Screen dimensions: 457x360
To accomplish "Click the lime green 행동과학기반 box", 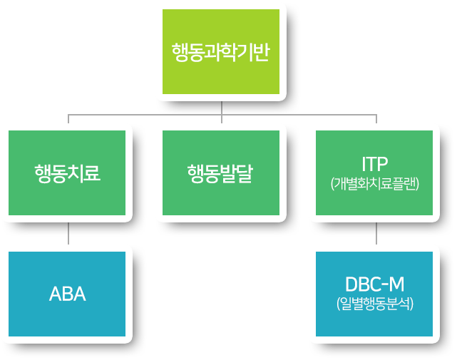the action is (x=221, y=51).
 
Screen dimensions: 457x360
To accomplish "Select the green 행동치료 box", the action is (x=67, y=173).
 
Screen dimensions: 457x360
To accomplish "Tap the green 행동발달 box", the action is (x=221, y=173).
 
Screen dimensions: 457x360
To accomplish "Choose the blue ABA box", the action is (x=67, y=294).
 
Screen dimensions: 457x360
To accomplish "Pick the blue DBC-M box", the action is (x=374, y=294).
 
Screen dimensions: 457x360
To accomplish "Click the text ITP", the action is (x=375, y=164).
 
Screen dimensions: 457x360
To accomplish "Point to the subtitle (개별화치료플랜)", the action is (x=375, y=184).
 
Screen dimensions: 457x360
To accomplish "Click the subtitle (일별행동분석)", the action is (x=375, y=304).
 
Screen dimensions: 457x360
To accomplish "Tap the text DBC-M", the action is (x=375, y=284).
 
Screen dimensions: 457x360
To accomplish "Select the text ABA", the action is (x=67, y=294).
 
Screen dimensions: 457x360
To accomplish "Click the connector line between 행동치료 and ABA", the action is (x=68, y=234).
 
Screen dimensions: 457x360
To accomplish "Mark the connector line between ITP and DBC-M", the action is (x=376, y=234).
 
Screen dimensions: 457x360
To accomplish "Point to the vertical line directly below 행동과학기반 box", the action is (x=222, y=108).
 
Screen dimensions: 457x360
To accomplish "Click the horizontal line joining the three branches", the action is (x=222, y=115).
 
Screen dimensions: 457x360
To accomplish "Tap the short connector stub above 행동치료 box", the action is (x=68, y=119).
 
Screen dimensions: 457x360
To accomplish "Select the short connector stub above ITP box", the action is (x=376, y=119).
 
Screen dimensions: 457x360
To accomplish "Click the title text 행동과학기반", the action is (x=220, y=53).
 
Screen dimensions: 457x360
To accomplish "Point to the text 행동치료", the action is (x=67, y=173).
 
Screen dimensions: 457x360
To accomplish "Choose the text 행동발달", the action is (x=220, y=173).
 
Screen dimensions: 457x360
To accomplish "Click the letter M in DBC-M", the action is (x=396, y=284).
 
